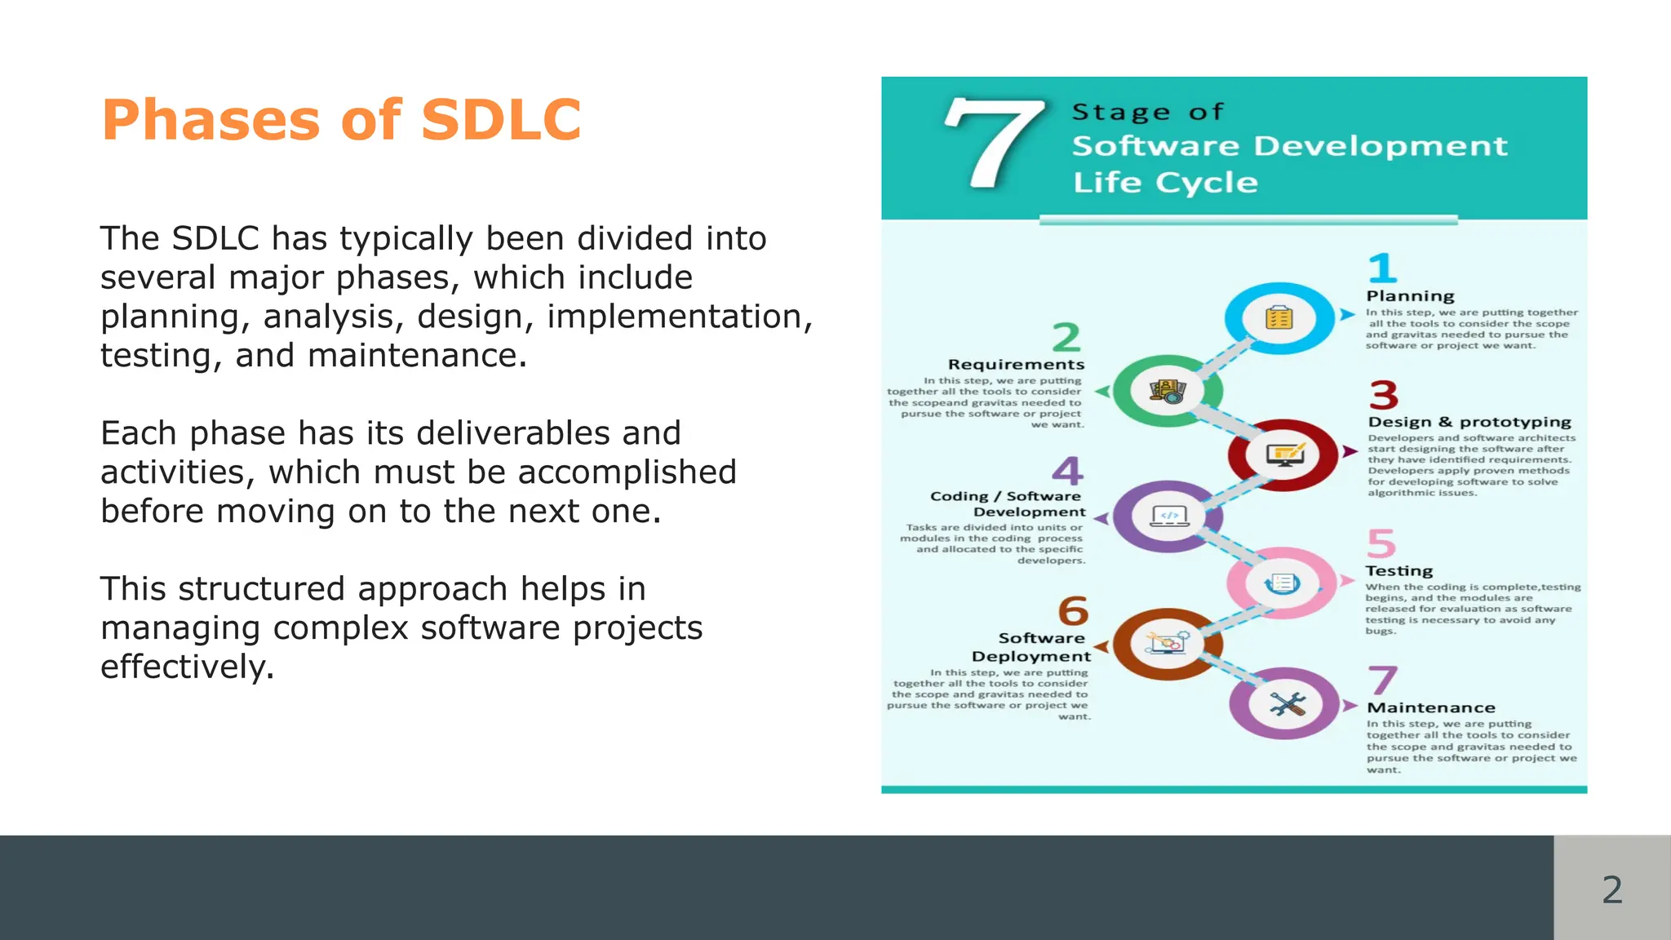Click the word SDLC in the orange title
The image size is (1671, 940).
501,121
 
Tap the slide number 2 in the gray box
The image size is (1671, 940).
1611,889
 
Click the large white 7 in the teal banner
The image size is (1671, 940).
993,144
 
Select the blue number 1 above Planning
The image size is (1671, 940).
1382,268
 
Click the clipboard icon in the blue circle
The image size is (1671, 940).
1279,318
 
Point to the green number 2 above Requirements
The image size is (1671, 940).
1066,337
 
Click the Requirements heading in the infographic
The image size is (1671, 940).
1016,365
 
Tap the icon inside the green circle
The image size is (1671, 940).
1168,392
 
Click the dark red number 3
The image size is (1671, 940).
1384,395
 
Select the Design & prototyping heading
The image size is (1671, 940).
1469,422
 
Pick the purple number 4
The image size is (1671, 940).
1067,471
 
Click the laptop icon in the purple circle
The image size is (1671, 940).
1169,516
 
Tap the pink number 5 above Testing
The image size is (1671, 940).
1381,543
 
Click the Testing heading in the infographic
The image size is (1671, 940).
1398,571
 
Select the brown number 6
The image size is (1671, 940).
1073,611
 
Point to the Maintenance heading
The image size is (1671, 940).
1431,708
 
